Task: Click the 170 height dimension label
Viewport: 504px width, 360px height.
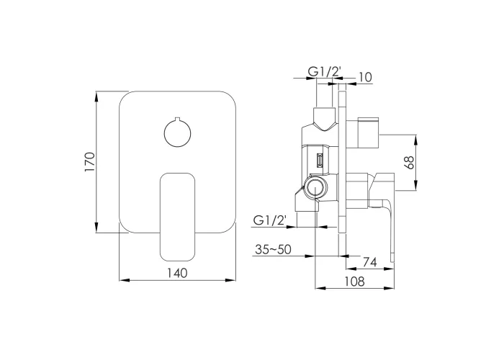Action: [x=90, y=162]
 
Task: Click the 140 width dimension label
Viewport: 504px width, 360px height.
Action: [x=177, y=273]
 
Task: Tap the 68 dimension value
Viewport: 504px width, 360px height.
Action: [x=410, y=162]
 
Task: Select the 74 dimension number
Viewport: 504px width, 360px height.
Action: [x=369, y=262]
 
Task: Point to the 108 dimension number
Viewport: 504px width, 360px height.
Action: [x=355, y=282]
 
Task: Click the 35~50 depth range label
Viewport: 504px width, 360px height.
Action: [x=273, y=249]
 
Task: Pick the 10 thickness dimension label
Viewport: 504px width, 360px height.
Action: [x=365, y=77]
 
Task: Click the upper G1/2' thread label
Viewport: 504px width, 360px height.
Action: [x=324, y=72]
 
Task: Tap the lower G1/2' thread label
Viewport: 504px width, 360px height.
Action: [x=270, y=220]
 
